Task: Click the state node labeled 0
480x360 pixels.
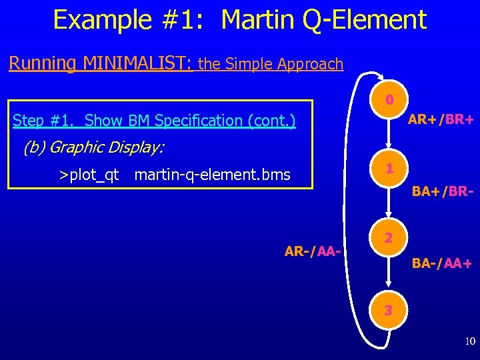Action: tap(390, 101)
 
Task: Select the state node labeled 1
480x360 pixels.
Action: tap(390, 169)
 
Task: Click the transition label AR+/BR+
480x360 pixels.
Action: tap(440, 120)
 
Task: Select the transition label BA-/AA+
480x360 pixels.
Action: tap(442, 263)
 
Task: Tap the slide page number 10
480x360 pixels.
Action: tap(470, 342)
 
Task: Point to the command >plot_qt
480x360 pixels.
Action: tap(89, 175)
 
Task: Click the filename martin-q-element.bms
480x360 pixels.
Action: tap(212, 175)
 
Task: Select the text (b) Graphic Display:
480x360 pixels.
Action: tap(93, 147)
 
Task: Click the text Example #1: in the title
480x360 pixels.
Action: tap(130, 20)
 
